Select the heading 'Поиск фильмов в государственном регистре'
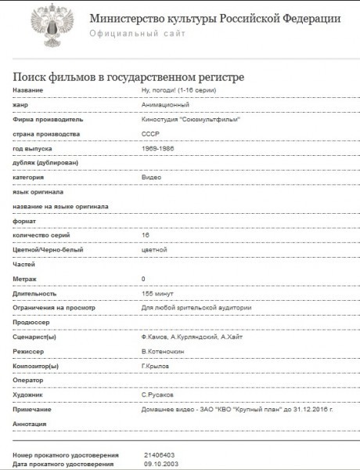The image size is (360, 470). tap(129, 76)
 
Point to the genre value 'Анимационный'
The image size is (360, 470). tap(164, 106)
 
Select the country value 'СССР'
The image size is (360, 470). tap(149, 135)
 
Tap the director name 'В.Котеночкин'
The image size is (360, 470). tap(164, 351)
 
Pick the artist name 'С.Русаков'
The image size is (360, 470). tap(157, 395)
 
